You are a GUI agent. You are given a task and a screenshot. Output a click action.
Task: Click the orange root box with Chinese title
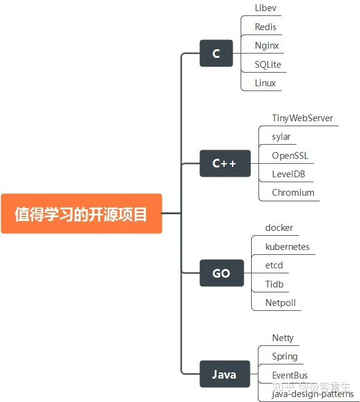pyautogui.click(x=81, y=214)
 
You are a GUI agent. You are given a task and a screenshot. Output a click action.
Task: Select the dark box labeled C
pyautogui.click(x=216, y=54)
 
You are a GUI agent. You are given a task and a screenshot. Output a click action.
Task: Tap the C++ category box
pyautogui.click(x=225, y=163)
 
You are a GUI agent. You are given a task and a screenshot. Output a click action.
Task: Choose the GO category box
pyautogui.click(x=222, y=273)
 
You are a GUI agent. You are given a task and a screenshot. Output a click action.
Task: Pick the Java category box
pyautogui.click(x=225, y=374)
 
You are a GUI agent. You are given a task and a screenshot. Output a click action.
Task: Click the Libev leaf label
pyautogui.click(x=265, y=8)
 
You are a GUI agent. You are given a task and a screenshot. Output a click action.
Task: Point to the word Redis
pyautogui.click(x=265, y=26)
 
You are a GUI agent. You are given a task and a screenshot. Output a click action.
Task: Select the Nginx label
pyautogui.click(x=266, y=46)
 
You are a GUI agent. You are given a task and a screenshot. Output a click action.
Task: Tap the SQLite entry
pyautogui.click(x=268, y=65)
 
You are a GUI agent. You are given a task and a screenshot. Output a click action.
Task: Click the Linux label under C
pyautogui.click(x=265, y=83)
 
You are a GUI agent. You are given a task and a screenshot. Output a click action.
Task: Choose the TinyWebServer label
pyautogui.click(x=302, y=118)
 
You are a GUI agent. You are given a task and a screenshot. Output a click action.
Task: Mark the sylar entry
pyautogui.click(x=281, y=137)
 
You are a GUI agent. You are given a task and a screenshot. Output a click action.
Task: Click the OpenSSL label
pyautogui.click(x=290, y=156)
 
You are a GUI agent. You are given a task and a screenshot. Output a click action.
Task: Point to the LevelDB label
pyautogui.click(x=289, y=174)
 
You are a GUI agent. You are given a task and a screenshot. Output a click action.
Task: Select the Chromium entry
pyautogui.click(x=293, y=193)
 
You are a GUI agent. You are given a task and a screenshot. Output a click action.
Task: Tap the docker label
pyautogui.click(x=279, y=228)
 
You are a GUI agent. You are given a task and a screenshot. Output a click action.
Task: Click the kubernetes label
pyautogui.click(x=287, y=247)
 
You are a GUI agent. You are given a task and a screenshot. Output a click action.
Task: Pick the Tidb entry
pyautogui.click(x=274, y=284)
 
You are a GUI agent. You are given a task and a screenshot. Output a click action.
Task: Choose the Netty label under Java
pyautogui.click(x=282, y=338)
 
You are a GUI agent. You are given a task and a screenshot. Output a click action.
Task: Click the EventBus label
pyautogui.click(x=290, y=376)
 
